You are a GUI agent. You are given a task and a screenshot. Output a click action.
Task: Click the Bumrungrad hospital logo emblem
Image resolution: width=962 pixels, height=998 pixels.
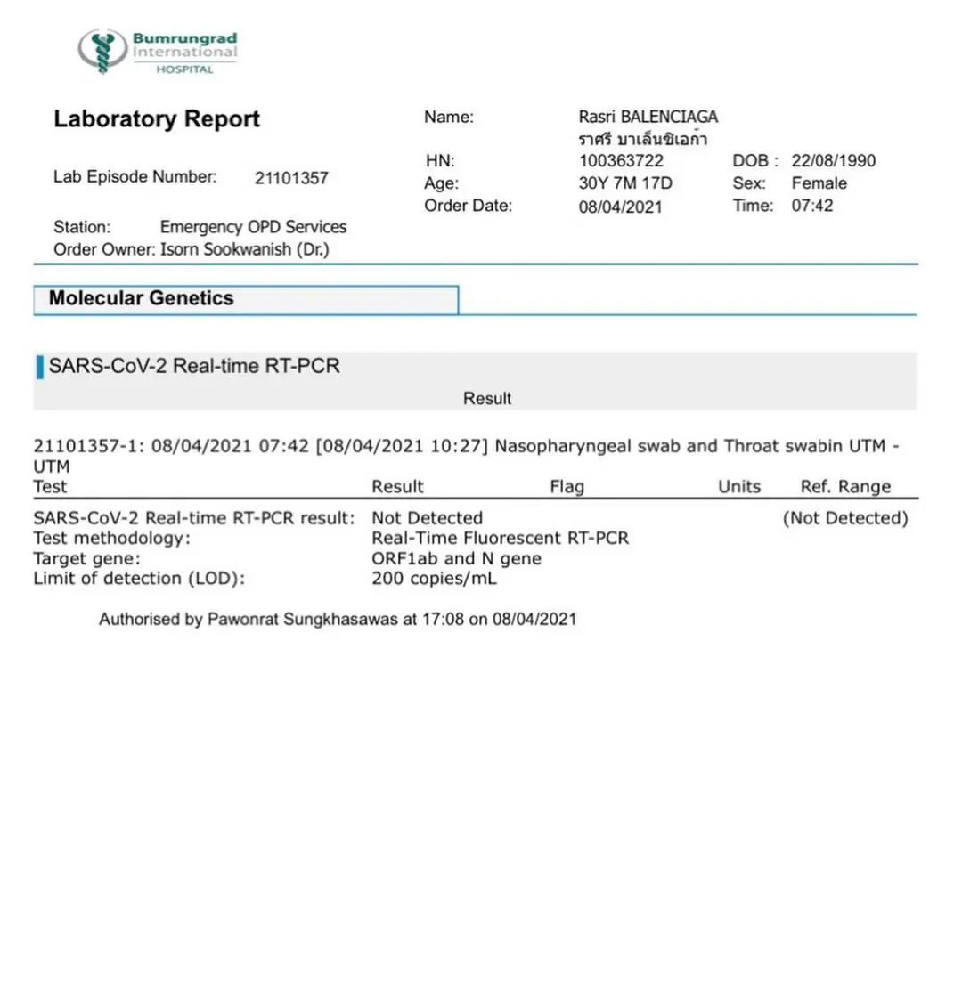tap(102, 51)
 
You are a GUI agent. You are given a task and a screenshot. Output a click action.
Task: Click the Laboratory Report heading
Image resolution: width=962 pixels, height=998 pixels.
tap(157, 119)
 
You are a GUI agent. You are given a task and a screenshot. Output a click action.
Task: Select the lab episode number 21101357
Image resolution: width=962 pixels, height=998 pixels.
tap(291, 178)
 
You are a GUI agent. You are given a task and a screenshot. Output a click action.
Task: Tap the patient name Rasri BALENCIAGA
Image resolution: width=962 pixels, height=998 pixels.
tap(648, 117)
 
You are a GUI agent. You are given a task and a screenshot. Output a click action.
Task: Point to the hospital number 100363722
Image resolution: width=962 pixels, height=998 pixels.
tap(621, 161)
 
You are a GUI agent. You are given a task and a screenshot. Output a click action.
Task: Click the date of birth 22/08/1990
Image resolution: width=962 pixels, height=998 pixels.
tap(833, 161)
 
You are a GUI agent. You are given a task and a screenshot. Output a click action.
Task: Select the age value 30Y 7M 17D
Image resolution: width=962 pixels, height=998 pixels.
tap(625, 183)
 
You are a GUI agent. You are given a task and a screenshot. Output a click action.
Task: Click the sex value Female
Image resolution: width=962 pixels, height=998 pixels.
tap(819, 183)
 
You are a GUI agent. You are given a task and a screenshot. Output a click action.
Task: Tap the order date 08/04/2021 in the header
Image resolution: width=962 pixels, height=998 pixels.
tap(620, 207)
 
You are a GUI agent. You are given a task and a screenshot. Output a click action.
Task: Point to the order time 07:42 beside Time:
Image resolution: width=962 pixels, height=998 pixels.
tap(812, 206)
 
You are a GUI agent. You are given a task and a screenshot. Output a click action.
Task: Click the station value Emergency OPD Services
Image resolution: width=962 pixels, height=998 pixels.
tap(253, 227)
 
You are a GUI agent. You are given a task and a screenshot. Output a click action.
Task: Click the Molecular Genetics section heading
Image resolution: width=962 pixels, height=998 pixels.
tap(141, 298)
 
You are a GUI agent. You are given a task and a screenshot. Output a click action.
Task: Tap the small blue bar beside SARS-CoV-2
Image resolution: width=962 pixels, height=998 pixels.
tap(40, 367)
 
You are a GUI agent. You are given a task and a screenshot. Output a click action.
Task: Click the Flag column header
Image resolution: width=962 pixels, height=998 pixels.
tap(567, 487)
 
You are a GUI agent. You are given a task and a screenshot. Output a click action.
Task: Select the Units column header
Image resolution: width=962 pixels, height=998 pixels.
tap(739, 487)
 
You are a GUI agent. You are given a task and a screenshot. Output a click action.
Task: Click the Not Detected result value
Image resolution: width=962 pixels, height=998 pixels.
tap(427, 518)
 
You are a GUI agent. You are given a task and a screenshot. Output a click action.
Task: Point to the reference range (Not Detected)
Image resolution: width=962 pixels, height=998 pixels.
tap(844, 518)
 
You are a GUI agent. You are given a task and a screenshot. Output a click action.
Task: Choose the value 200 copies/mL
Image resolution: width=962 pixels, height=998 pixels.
tap(434, 579)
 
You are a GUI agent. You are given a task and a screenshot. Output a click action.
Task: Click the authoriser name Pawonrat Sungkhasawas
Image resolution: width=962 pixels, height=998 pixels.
tap(302, 620)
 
